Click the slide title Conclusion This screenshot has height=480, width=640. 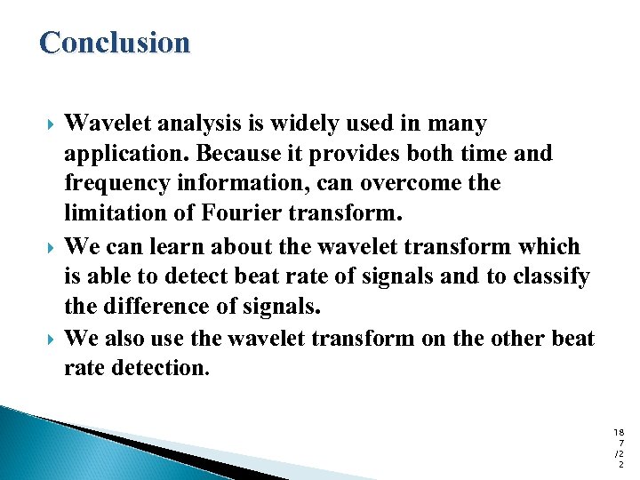click(115, 43)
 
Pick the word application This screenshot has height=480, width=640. click(126, 154)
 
